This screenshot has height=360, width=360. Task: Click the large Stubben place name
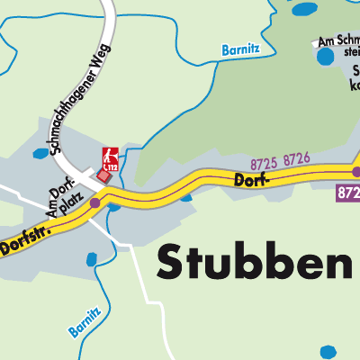[256, 262]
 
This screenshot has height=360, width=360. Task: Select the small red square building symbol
[103, 176]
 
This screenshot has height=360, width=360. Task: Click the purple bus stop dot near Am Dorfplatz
[95, 202]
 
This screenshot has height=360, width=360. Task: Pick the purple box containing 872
[349, 193]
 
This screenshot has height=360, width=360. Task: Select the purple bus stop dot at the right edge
[356, 171]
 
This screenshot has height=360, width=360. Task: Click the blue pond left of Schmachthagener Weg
[40, 154]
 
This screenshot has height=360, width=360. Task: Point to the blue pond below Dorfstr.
[92, 261]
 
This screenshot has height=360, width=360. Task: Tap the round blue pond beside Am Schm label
[323, 58]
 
